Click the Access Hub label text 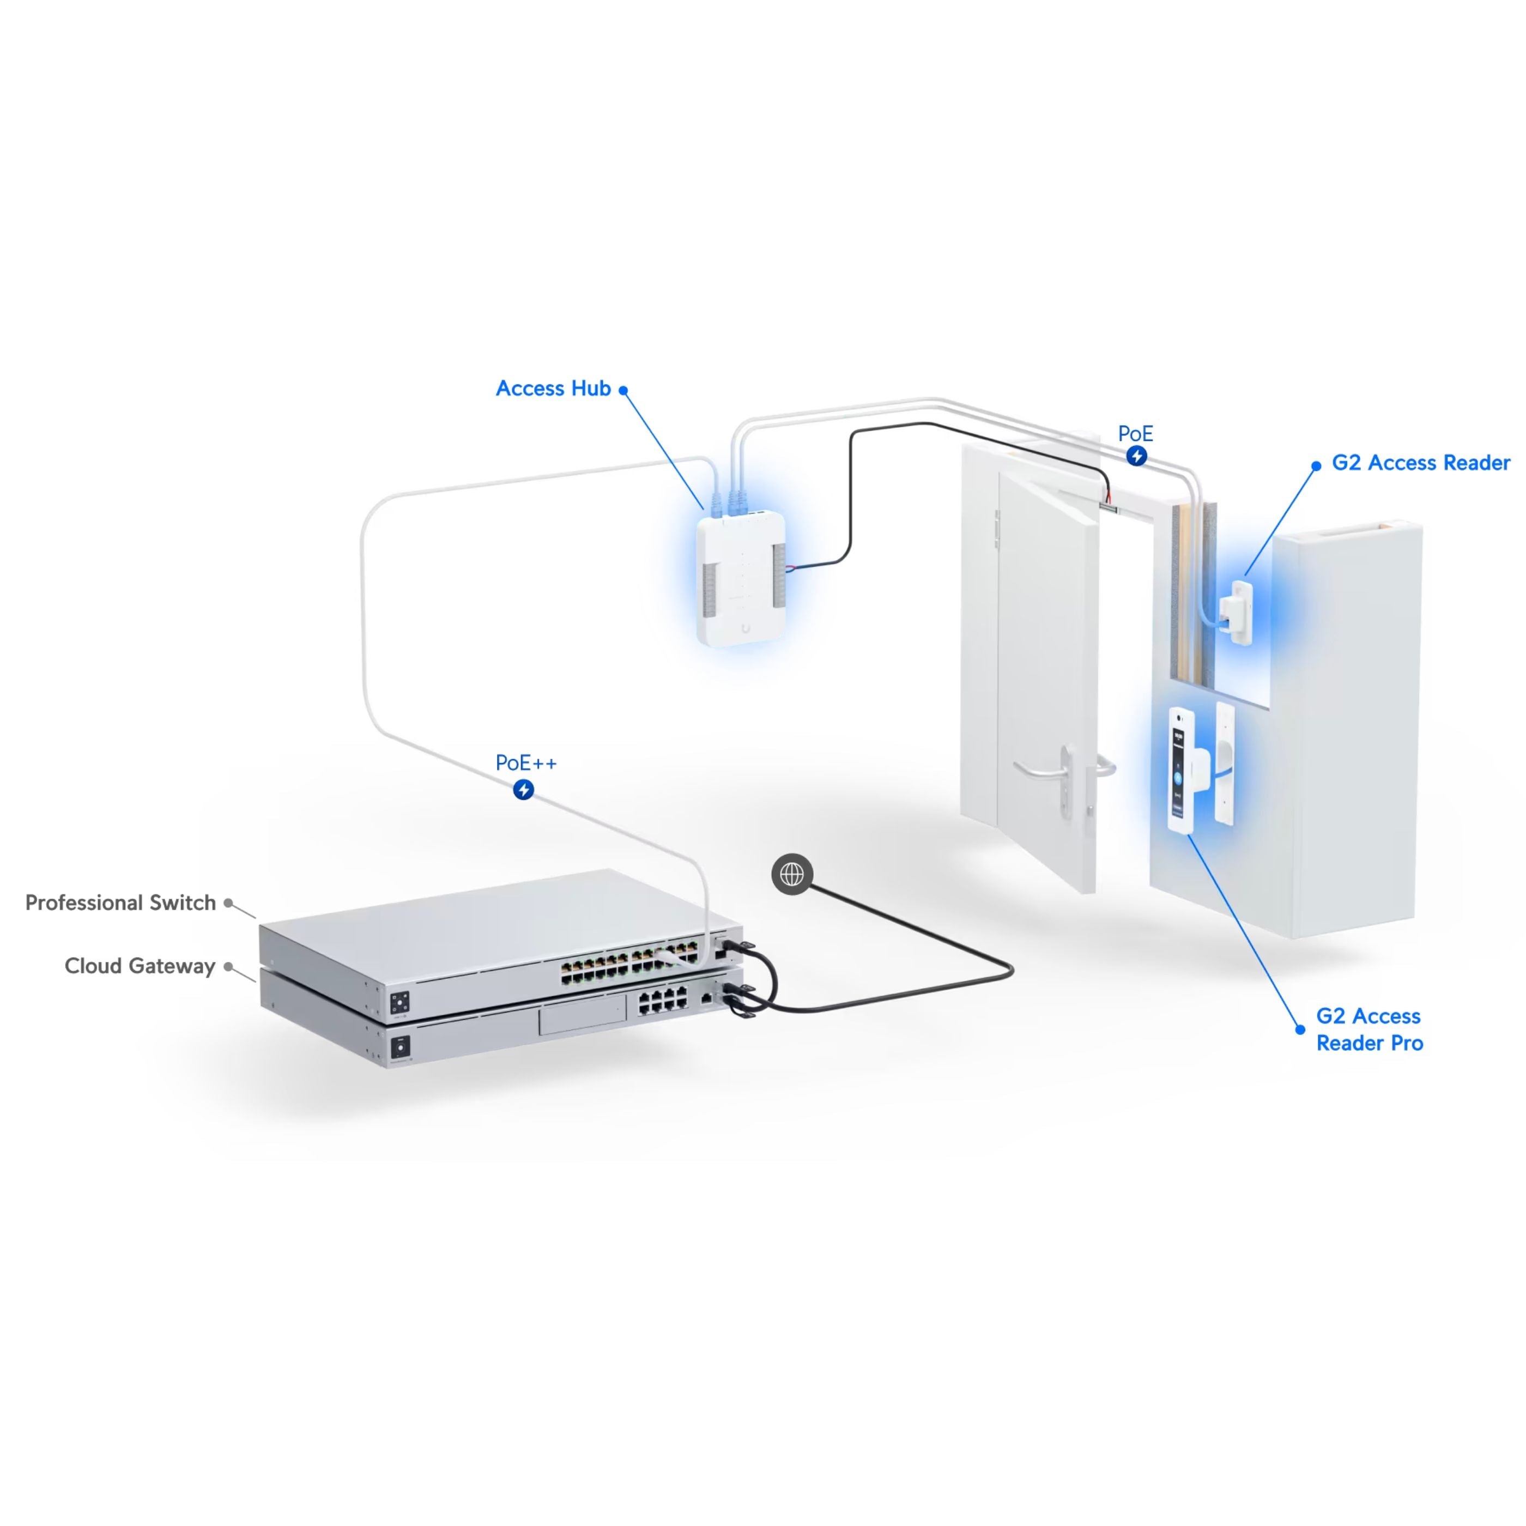tap(553, 389)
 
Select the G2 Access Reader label tap(1421, 463)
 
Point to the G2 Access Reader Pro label tap(1370, 1029)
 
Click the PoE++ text tap(526, 763)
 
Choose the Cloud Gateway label tap(140, 966)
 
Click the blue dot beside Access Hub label tap(623, 390)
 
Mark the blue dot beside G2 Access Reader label tap(1316, 466)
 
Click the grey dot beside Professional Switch tap(228, 903)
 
